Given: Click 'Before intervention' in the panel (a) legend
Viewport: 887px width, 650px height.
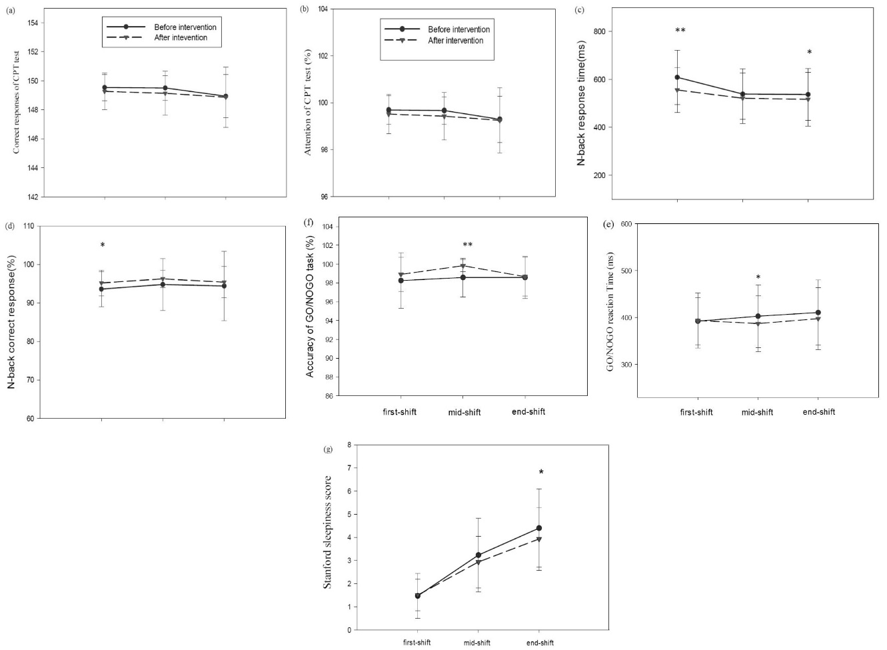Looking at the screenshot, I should click(x=185, y=27).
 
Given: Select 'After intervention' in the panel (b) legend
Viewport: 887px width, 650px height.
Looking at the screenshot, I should click(x=455, y=41).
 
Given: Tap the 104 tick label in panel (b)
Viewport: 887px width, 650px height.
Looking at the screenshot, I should click(x=323, y=9).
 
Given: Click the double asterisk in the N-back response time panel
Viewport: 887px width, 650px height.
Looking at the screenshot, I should click(x=680, y=31).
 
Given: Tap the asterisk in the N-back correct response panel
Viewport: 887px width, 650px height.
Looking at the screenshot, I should click(x=102, y=246).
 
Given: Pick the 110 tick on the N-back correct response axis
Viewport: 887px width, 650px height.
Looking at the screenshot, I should click(x=28, y=226).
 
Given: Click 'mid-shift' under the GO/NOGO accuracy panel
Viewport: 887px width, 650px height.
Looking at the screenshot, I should click(x=464, y=412).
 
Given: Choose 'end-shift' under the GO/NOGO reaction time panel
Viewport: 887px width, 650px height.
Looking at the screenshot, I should click(x=818, y=412).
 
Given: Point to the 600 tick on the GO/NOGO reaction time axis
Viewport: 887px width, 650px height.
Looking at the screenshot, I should click(x=626, y=224).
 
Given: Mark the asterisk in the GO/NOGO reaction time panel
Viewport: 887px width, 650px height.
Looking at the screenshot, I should click(x=758, y=278).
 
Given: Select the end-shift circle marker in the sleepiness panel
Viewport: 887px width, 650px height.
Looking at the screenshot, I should click(x=538, y=528).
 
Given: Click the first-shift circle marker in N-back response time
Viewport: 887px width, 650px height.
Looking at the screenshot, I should click(x=677, y=77).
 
